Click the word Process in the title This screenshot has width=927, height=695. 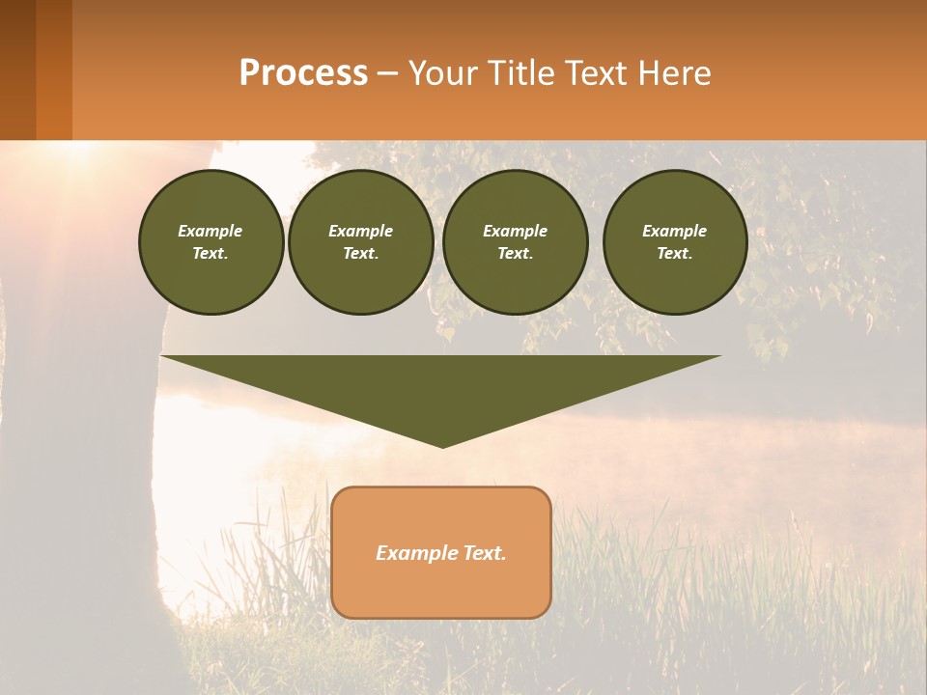point(303,73)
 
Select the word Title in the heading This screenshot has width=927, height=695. point(522,73)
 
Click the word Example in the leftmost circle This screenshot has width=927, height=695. point(211,231)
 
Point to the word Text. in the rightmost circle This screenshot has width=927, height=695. point(674,253)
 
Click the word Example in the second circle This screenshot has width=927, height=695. point(360,231)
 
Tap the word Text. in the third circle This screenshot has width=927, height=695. point(515,253)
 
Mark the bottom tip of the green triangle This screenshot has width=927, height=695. point(442,445)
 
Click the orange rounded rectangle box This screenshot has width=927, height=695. point(441,589)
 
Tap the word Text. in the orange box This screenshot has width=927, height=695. point(484,553)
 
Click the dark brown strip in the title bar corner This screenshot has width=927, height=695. point(17,69)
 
